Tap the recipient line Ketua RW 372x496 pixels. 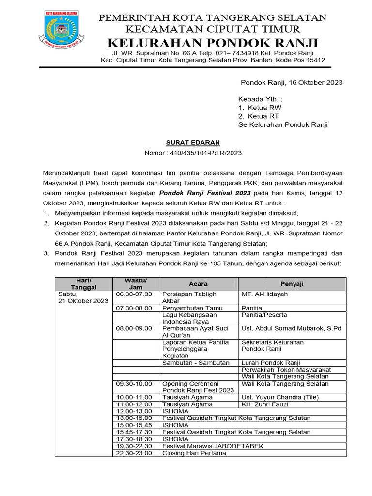(x=264, y=108)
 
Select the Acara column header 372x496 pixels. (x=199, y=283)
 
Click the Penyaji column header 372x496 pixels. (x=293, y=283)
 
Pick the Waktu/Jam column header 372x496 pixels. (x=136, y=283)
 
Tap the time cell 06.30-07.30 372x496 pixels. (x=134, y=294)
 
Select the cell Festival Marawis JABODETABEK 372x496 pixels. (x=213, y=446)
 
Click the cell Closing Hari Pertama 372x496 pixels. (x=194, y=453)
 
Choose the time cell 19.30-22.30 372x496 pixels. (x=134, y=446)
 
